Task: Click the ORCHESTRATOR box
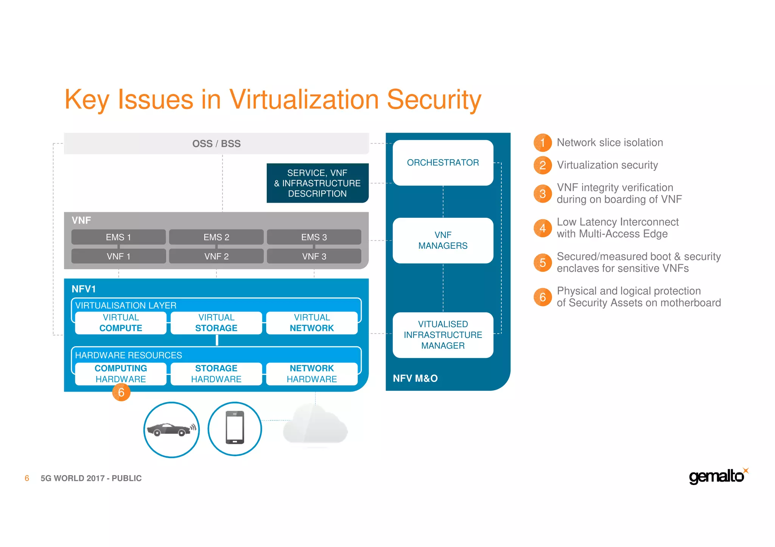(x=443, y=163)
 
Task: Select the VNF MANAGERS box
(x=443, y=240)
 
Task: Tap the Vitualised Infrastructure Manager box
(x=443, y=335)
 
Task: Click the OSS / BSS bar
(x=216, y=144)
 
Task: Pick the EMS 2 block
(x=216, y=237)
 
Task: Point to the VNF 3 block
(x=314, y=256)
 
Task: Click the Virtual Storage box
(x=216, y=323)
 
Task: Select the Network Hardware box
(x=312, y=373)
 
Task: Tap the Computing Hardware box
(x=121, y=373)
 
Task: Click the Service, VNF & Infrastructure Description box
(x=317, y=183)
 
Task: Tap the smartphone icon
(x=235, y=428)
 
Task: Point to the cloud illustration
(x=315, y=425)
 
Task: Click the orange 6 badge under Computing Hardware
(x=121, y=392)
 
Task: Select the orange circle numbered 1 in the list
(x=542, y=143)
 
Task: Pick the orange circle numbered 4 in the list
(x=542, y=228)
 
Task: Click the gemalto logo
(x=717, y=476)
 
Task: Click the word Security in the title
(x=434, y=100)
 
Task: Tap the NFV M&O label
(x=415, y=378)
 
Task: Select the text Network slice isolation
(x=610, y=143)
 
